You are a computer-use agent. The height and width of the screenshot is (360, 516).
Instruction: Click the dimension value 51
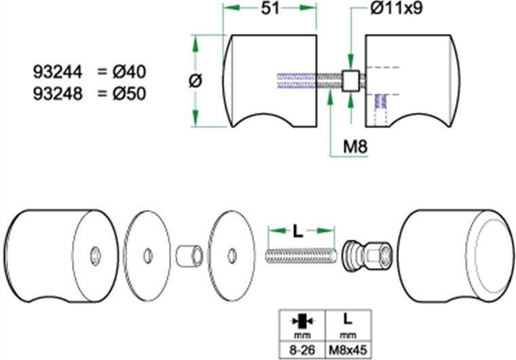(270, 9)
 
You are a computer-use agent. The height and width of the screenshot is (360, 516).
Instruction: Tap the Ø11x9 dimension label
(397, 10)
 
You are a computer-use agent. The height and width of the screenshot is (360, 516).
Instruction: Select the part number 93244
(58, 71)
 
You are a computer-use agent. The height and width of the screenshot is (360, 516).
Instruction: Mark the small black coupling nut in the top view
(351, 82)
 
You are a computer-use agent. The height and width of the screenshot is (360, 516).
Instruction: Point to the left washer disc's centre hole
(145, 255)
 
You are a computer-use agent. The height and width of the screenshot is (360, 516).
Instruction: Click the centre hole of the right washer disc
(232, 255)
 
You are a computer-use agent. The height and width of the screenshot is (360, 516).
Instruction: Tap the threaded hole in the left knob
(94, 255)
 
